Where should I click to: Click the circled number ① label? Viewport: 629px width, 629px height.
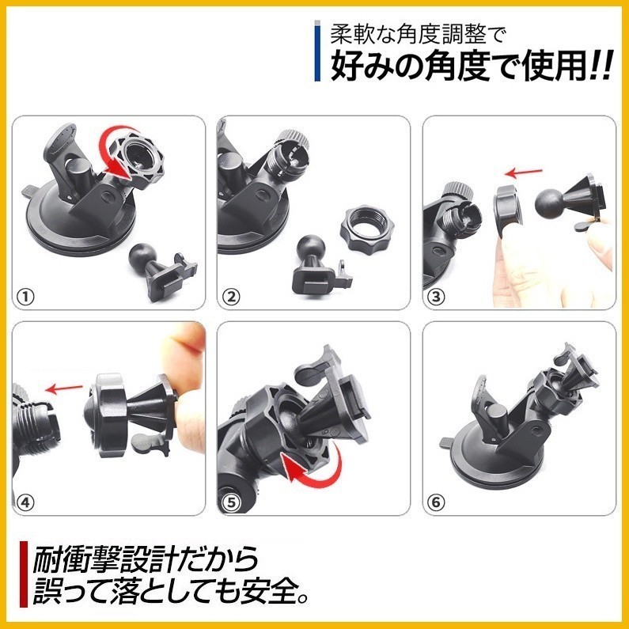(x=24, y=297)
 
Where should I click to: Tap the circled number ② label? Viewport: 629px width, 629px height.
(x=230, y=297)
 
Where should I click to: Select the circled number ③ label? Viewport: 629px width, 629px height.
(x=437, y=297)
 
